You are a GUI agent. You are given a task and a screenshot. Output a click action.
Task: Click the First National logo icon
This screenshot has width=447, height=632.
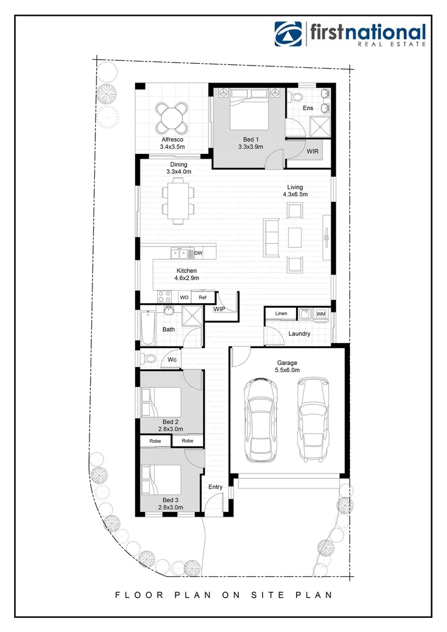click(289, 34)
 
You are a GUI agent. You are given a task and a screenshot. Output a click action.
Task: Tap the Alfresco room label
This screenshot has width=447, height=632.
click(172, 140)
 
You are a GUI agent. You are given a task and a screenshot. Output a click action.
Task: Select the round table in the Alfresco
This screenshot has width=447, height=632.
click(173, 118)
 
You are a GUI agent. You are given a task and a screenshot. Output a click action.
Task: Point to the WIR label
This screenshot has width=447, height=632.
click(313, 151)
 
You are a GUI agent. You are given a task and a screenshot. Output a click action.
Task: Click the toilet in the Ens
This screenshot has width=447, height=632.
click(295, 96)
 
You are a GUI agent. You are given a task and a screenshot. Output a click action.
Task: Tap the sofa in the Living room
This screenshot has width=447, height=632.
click(272, 237)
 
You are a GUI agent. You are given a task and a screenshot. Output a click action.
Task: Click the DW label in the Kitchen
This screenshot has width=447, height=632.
click(198, 253)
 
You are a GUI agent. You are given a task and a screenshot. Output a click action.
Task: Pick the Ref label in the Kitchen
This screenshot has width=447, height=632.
click(202, 297)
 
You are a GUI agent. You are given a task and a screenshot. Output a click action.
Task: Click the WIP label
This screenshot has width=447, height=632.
click(219, 308)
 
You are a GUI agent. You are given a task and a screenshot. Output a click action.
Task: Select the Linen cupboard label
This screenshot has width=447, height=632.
click(281, 314)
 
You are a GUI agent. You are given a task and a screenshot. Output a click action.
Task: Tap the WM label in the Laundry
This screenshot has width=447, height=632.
click(321, 314)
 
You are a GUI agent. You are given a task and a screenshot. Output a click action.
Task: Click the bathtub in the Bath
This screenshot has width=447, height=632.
click(146, 328)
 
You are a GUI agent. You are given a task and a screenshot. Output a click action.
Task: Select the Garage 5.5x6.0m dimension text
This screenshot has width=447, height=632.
click(287, 370)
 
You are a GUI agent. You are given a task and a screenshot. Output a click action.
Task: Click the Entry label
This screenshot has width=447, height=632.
click(215, 487)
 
